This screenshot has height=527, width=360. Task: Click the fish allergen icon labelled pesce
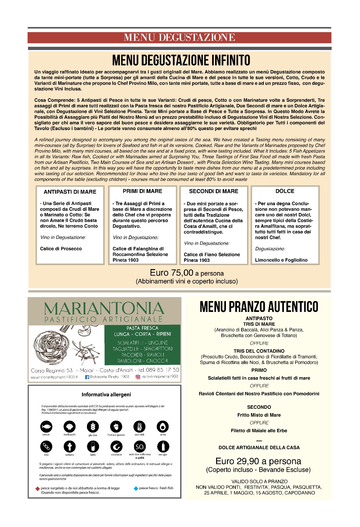point(46,427)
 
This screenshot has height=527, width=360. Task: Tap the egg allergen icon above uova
point(163,427)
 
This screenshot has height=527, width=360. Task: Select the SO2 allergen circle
point(140,447)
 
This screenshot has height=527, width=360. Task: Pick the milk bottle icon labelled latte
point(93,447)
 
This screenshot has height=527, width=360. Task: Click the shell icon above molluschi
point(69,427)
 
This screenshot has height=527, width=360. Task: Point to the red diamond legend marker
point(38,488)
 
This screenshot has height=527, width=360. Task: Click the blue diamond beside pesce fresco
point(136,488)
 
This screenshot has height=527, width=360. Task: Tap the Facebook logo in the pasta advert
point(87,377)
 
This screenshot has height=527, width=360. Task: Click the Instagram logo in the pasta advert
point(138,377)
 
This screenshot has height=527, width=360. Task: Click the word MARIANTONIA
point(104,309)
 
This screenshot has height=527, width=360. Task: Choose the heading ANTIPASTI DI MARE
point(70,192)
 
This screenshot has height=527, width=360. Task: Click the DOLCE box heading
point(285,191)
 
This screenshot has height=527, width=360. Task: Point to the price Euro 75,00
point(171,273)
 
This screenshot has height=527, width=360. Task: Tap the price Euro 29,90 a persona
point(258,461)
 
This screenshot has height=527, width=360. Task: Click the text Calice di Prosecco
point(61,249)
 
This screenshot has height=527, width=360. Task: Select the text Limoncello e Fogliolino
point(281,260)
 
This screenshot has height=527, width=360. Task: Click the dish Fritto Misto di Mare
point(259,415)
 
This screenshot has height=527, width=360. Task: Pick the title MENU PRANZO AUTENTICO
point(259,307)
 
